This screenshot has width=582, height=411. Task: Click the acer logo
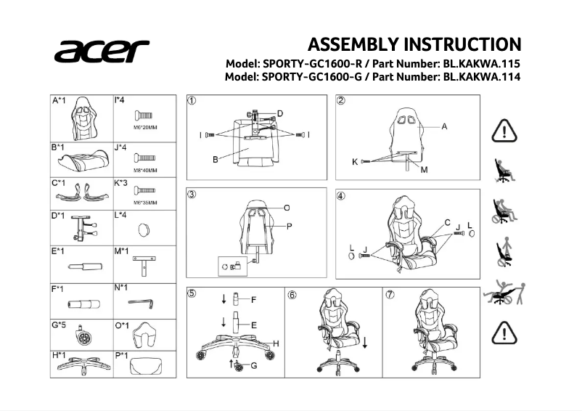tap(101, 52)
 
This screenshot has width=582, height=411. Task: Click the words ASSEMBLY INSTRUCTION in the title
tap(414, 44)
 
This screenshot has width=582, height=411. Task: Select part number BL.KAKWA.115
tap(482, 63)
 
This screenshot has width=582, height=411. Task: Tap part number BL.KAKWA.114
tap(482, 76)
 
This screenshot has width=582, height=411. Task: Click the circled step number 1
tap(192, 100)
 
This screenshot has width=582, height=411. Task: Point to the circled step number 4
tap(341, 196)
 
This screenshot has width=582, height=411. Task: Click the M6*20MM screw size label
tap(145, 128)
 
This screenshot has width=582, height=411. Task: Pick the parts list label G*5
tap(59, 325)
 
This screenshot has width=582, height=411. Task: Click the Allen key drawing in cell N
tap(142, 302)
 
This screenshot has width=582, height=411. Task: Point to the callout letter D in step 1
tap(279, 113)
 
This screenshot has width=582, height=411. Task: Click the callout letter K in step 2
tap(355, 162)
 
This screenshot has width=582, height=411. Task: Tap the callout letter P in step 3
tap(288, 227)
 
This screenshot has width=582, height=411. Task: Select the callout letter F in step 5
tap(254, 299)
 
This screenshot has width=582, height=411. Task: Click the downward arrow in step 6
tap(364, 342)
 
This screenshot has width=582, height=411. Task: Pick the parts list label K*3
tap(121, 182)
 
